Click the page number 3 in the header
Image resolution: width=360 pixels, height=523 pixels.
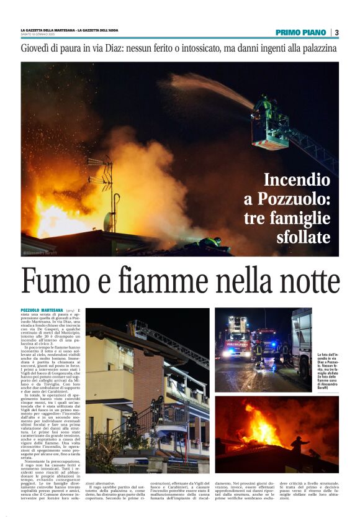(336, 32)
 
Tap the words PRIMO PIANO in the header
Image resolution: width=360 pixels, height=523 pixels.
(301, 32)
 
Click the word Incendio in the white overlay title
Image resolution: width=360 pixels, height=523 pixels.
(297, 180)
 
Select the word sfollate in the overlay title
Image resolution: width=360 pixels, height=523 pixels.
(303, 237)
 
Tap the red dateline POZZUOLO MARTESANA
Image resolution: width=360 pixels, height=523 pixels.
(42, 310)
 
